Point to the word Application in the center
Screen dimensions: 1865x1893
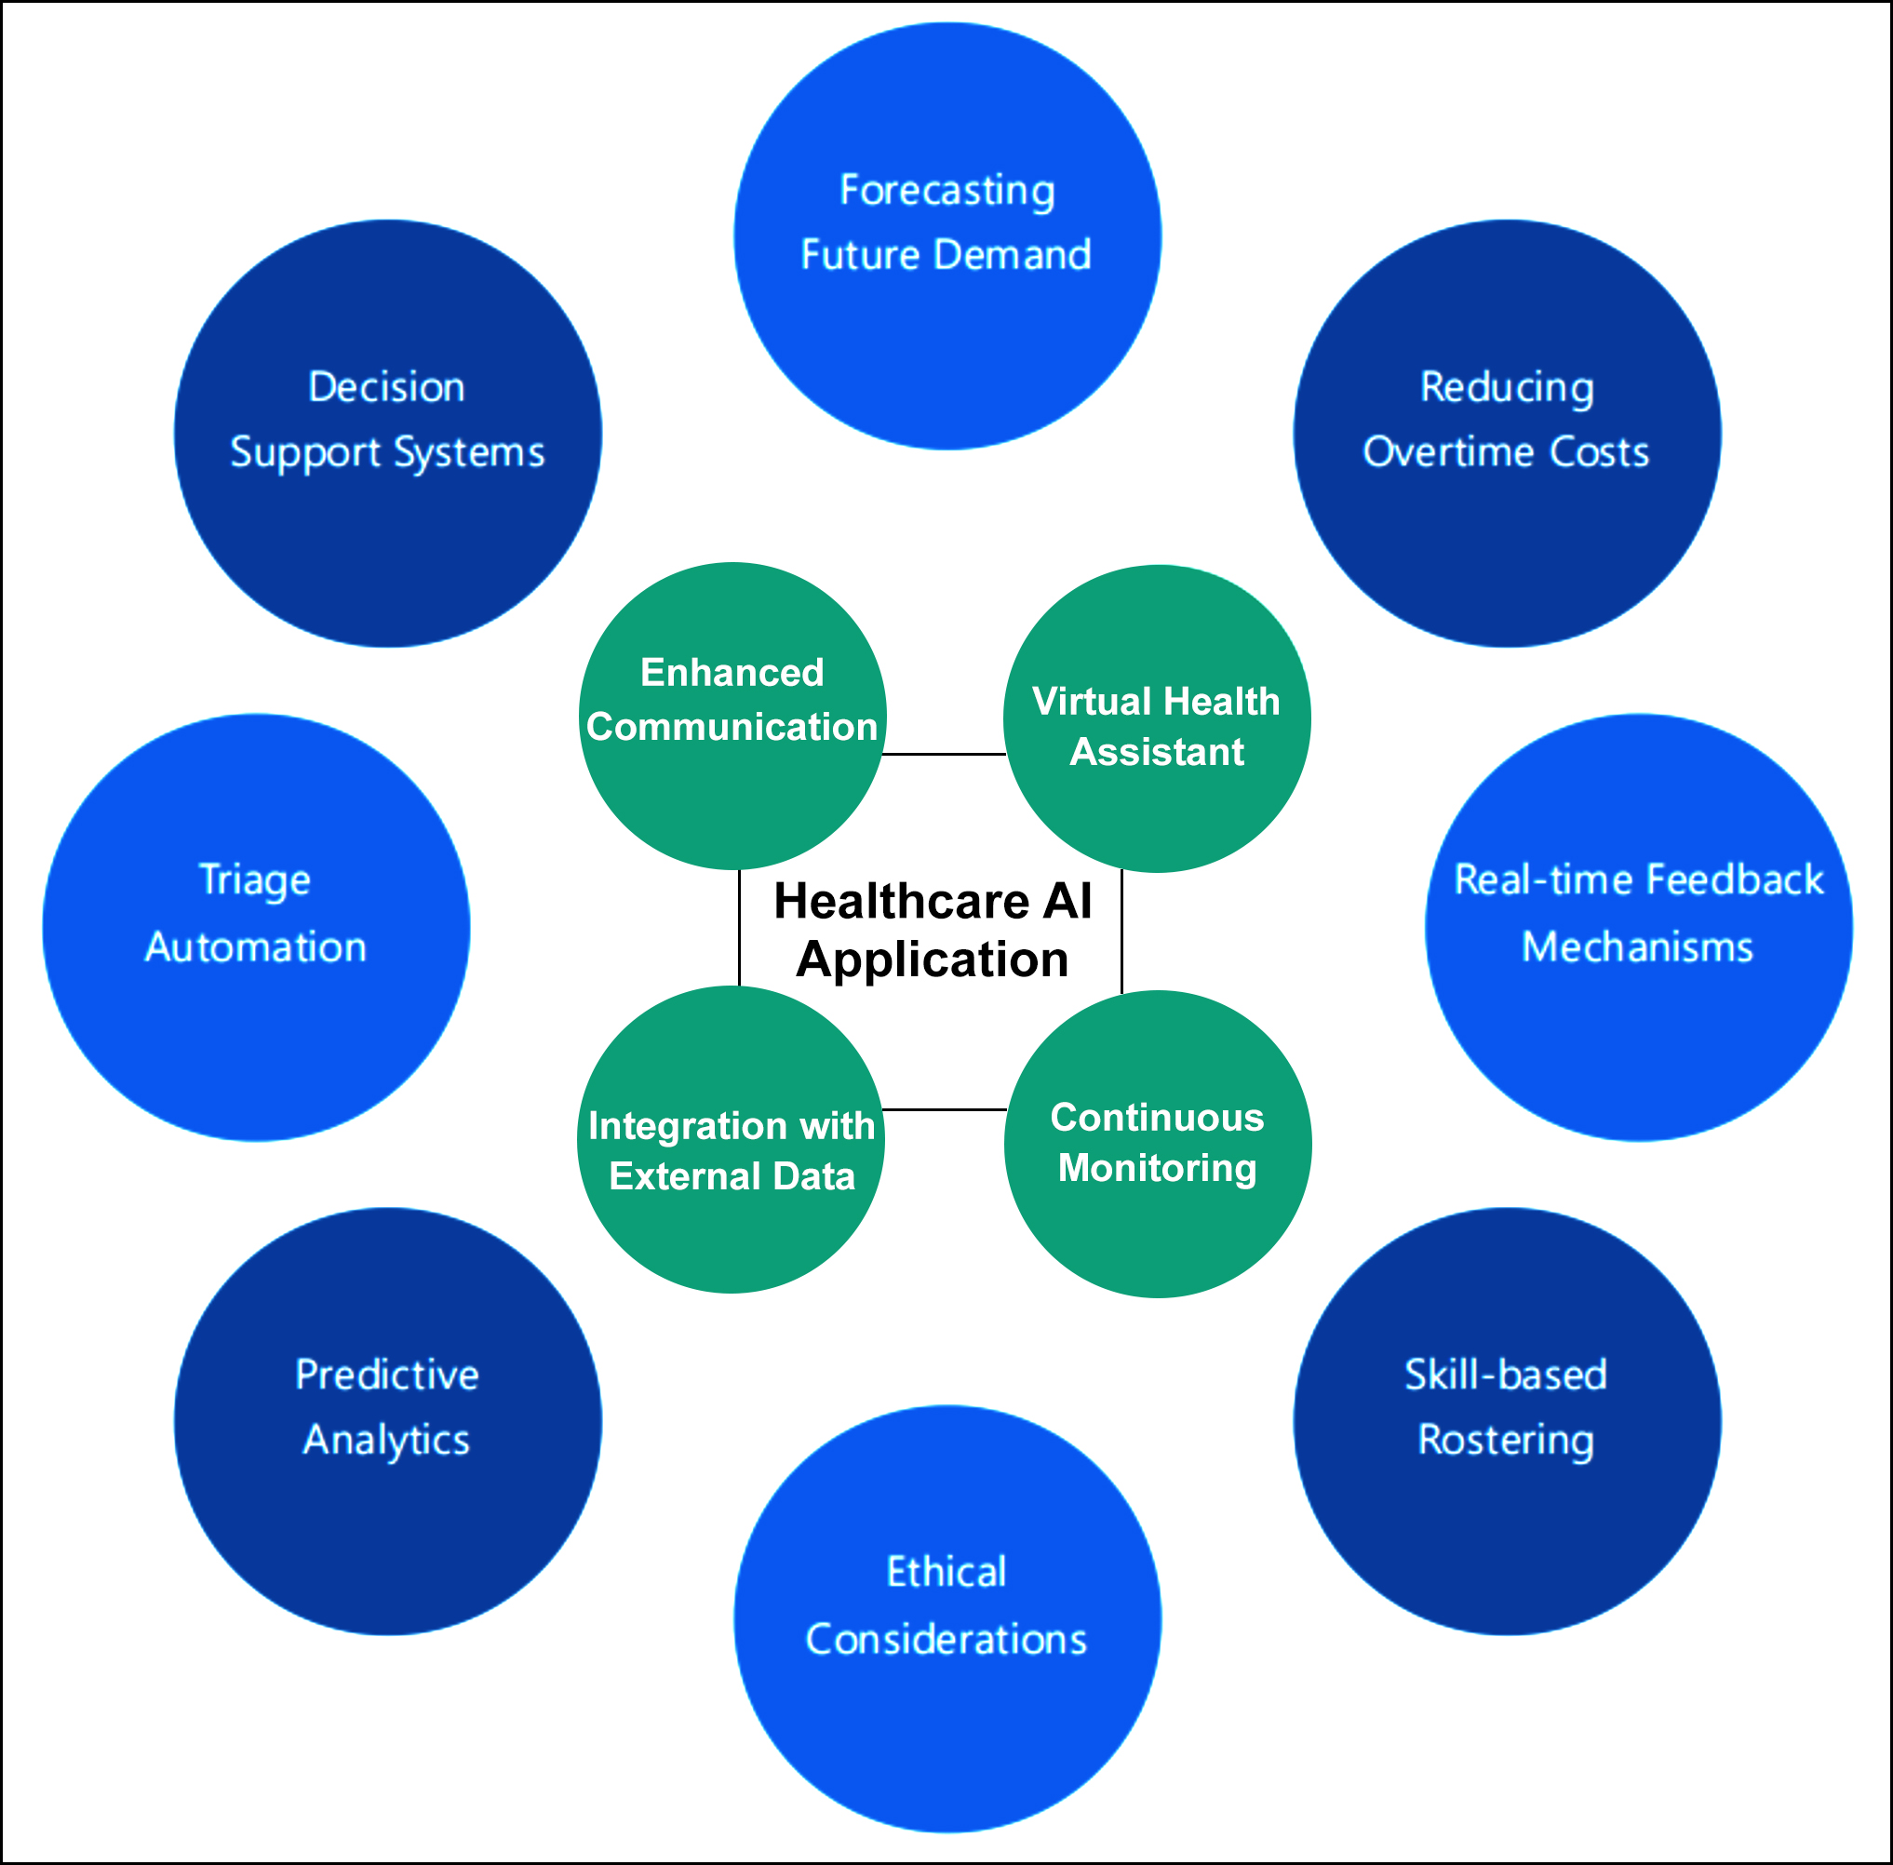[932, 959]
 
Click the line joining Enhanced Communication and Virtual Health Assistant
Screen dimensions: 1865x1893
[944, 754]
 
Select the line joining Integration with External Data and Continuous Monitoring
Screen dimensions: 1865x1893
[944, 1110]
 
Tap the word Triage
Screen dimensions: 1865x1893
[255, 879]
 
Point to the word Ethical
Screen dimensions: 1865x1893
[946, 1572]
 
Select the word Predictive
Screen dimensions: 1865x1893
[387, 1375]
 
